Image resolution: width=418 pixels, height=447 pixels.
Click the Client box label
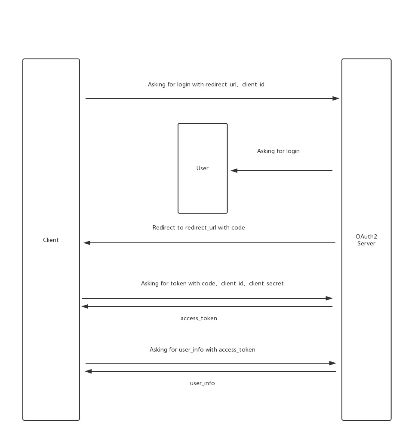pyautogui.click(x=51, y=240)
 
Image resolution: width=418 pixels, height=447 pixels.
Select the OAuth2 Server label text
pyautogui.click(x=366, y=240)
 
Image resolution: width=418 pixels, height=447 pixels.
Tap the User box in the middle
pyautogui.click(x=203, y=168)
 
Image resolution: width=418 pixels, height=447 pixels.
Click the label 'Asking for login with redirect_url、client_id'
pyautogui.click(x=206, y=85)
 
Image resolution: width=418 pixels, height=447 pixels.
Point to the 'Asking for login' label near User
pyautogui.click(x=278, y=151)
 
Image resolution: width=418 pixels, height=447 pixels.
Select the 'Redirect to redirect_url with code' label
pyautogui.click(x=199, y=228)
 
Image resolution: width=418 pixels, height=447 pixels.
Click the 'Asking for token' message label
pyautogui.click(x=212, y=284)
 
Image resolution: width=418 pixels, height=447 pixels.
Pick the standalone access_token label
pyautogui.click(x=199, y=318)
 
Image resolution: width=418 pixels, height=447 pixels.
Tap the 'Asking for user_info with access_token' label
pyautogui.click(x=203, y=350)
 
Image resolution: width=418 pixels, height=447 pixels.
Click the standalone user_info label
pyautogui.click(x=203, y=383)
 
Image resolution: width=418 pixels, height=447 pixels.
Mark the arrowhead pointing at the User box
pyautogui.click(x=234, y=171)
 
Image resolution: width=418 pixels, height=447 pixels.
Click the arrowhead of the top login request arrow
pyautogui.click(x=336, y=98)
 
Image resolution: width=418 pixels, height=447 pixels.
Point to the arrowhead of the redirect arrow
pyautogui.click(x=87, y=243)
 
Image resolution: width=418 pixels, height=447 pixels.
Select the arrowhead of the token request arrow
pyautogui.click(x=329, y=298)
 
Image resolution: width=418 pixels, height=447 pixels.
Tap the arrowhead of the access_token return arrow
pyautogui.click(x=85, y=306)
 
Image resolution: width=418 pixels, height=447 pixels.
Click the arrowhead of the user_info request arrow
pyautogui.click(x=332, y=363)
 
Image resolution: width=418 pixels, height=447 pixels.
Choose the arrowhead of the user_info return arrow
pyautogui.click(x=88, y=371)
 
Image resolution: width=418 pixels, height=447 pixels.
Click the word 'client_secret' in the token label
pyautogui.click(x=266, y=284)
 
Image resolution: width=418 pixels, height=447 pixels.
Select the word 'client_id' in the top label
pyautogui.click(x=253, y=85)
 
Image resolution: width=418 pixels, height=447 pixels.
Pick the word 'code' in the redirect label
pyautogui.click(x=238, y=228)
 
